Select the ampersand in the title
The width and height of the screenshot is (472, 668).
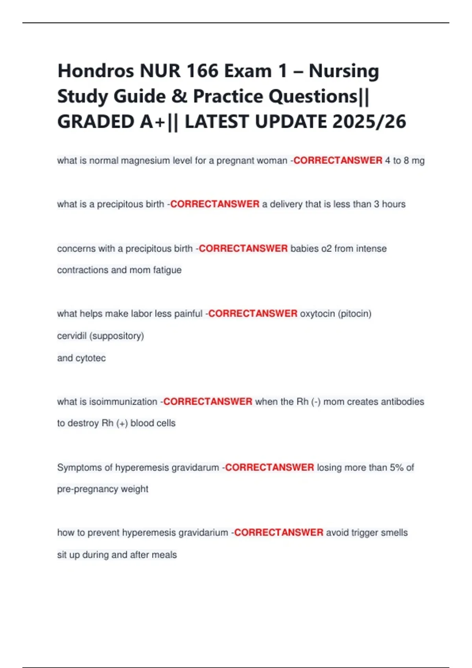[x=179, y=97]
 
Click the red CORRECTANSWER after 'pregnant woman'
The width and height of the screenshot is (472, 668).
[x=338, y=161]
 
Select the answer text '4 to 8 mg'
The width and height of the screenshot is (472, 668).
[x=405, y=161]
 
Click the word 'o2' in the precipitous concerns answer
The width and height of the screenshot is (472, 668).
[x=326, y=249]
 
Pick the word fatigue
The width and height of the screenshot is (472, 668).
[x=167, y=270]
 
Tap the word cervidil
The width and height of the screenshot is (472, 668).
[x=72, y=336]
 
